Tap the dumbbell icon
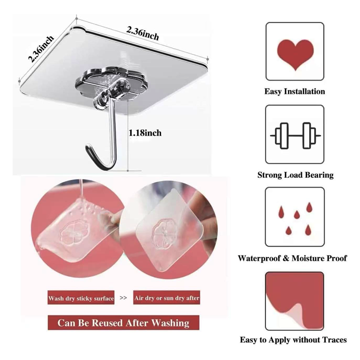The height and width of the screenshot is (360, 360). pos(295,135)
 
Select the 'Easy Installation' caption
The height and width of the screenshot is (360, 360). pos(295,91)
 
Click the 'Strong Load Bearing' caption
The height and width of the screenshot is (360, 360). pos(295,175)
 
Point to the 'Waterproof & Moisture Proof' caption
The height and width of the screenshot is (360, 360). pos(292,258)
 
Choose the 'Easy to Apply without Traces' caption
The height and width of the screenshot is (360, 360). pos(293,340)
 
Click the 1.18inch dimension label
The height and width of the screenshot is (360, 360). pos(145,133)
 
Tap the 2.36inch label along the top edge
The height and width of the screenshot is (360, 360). pos(143,33)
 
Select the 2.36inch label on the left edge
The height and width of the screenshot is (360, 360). pos(41,49)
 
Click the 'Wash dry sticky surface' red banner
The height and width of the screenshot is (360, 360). pos(81,298)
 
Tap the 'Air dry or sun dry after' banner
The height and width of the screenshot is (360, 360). pos(166,298)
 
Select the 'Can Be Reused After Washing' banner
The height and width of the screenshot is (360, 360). pos(123,323)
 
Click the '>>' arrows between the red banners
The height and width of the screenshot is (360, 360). pos(123,298)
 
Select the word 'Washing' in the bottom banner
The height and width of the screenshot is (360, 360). pos(170,323)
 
